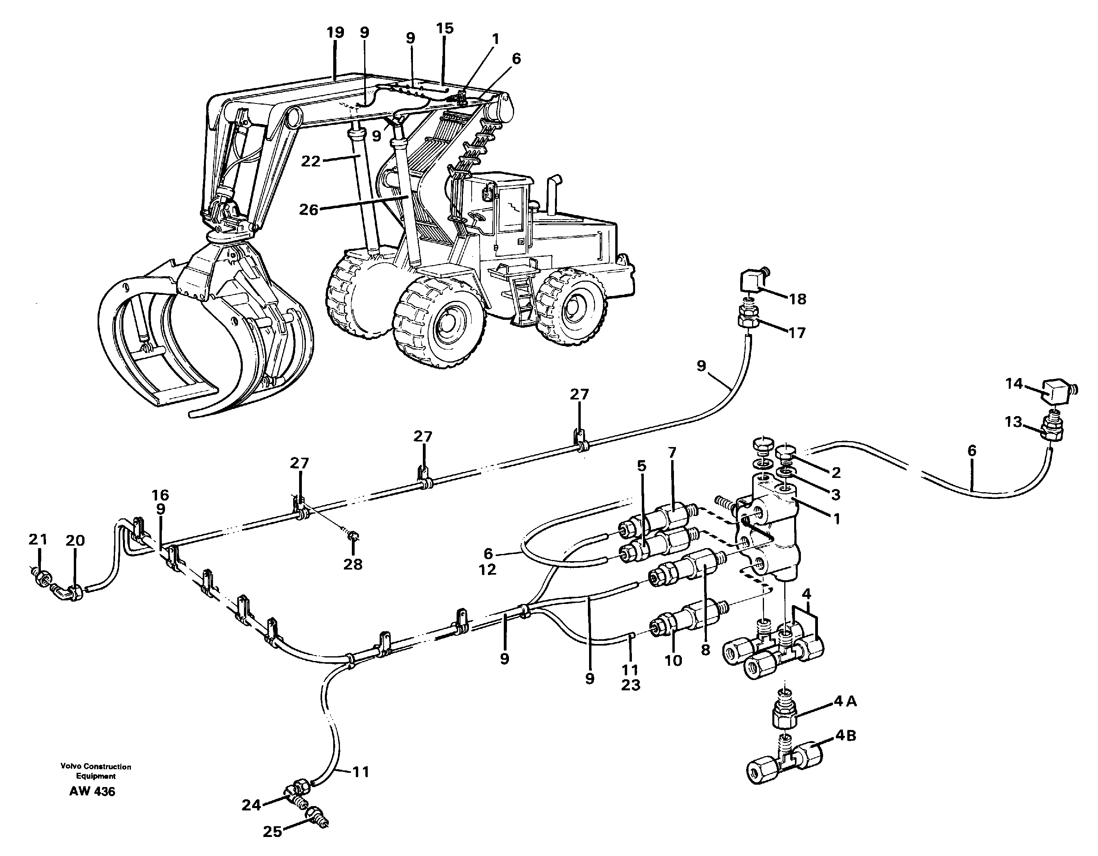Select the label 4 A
pyautogui.click(x=845, y=701)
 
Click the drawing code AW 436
pyautogui.click(x=92, y=792)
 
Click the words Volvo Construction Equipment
pyautogui.click(x=96, y=771)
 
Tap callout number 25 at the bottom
pyautogui.click(x=273, y=832)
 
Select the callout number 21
pyautogui.click(x=38, y=540)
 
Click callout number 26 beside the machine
pyautogui.click(x=309, y=210)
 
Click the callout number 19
pyautogui.click(x=335, y=32)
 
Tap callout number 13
pyautogui.click(x=1013, y=422)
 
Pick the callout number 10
pyautogui.click(x=673, y=661)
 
